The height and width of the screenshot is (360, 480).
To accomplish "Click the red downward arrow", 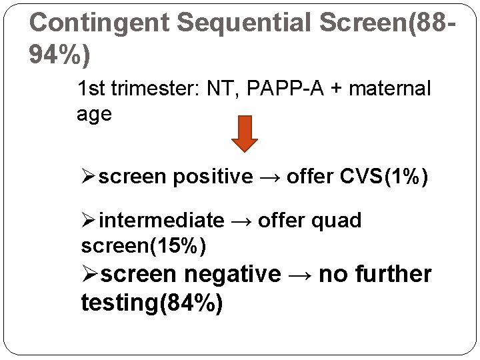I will pyautogui.click(x=244, y=134).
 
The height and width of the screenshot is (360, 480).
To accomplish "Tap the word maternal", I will pyautogui.click(x=394, y=88).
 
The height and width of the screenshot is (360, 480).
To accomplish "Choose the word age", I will pyautogui.click(x=94, y=114).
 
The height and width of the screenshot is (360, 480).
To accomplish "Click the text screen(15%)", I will pyautogui.click(x=143, y=246).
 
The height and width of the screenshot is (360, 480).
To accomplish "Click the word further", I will pyautogui.click(x=395, y=274).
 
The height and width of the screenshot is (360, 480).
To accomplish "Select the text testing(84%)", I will pyautogui.click(x=152, y=303).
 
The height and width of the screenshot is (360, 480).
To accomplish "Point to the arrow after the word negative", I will pyautogui.click(x=300, y=275).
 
